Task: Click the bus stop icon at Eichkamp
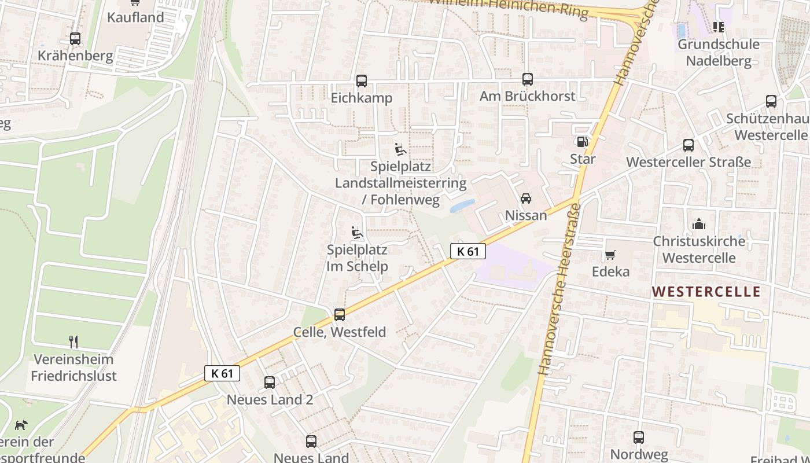coord(362,81)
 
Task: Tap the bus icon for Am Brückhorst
coord(528,79)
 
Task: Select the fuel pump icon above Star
coord(582,142)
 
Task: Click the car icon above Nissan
coord(526,199)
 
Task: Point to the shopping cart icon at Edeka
coord(610,255)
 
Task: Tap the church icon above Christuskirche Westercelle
coord(699,224)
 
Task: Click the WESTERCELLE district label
coord(706,292)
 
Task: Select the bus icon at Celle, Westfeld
coord(340,315)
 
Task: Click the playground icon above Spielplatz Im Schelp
coord(357,233)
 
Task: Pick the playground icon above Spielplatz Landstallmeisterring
coord(400,150)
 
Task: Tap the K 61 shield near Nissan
coord(467,251)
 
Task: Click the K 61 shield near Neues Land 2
coord(222,373)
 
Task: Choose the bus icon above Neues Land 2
coord(270,383)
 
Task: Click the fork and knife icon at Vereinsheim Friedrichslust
coord(73,342)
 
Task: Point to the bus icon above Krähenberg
coord(75,39)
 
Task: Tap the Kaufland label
coord(136,17)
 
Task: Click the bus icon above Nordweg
coord(639,438)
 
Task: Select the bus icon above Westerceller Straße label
coord(689,145)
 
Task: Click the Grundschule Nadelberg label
coord(718,52)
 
